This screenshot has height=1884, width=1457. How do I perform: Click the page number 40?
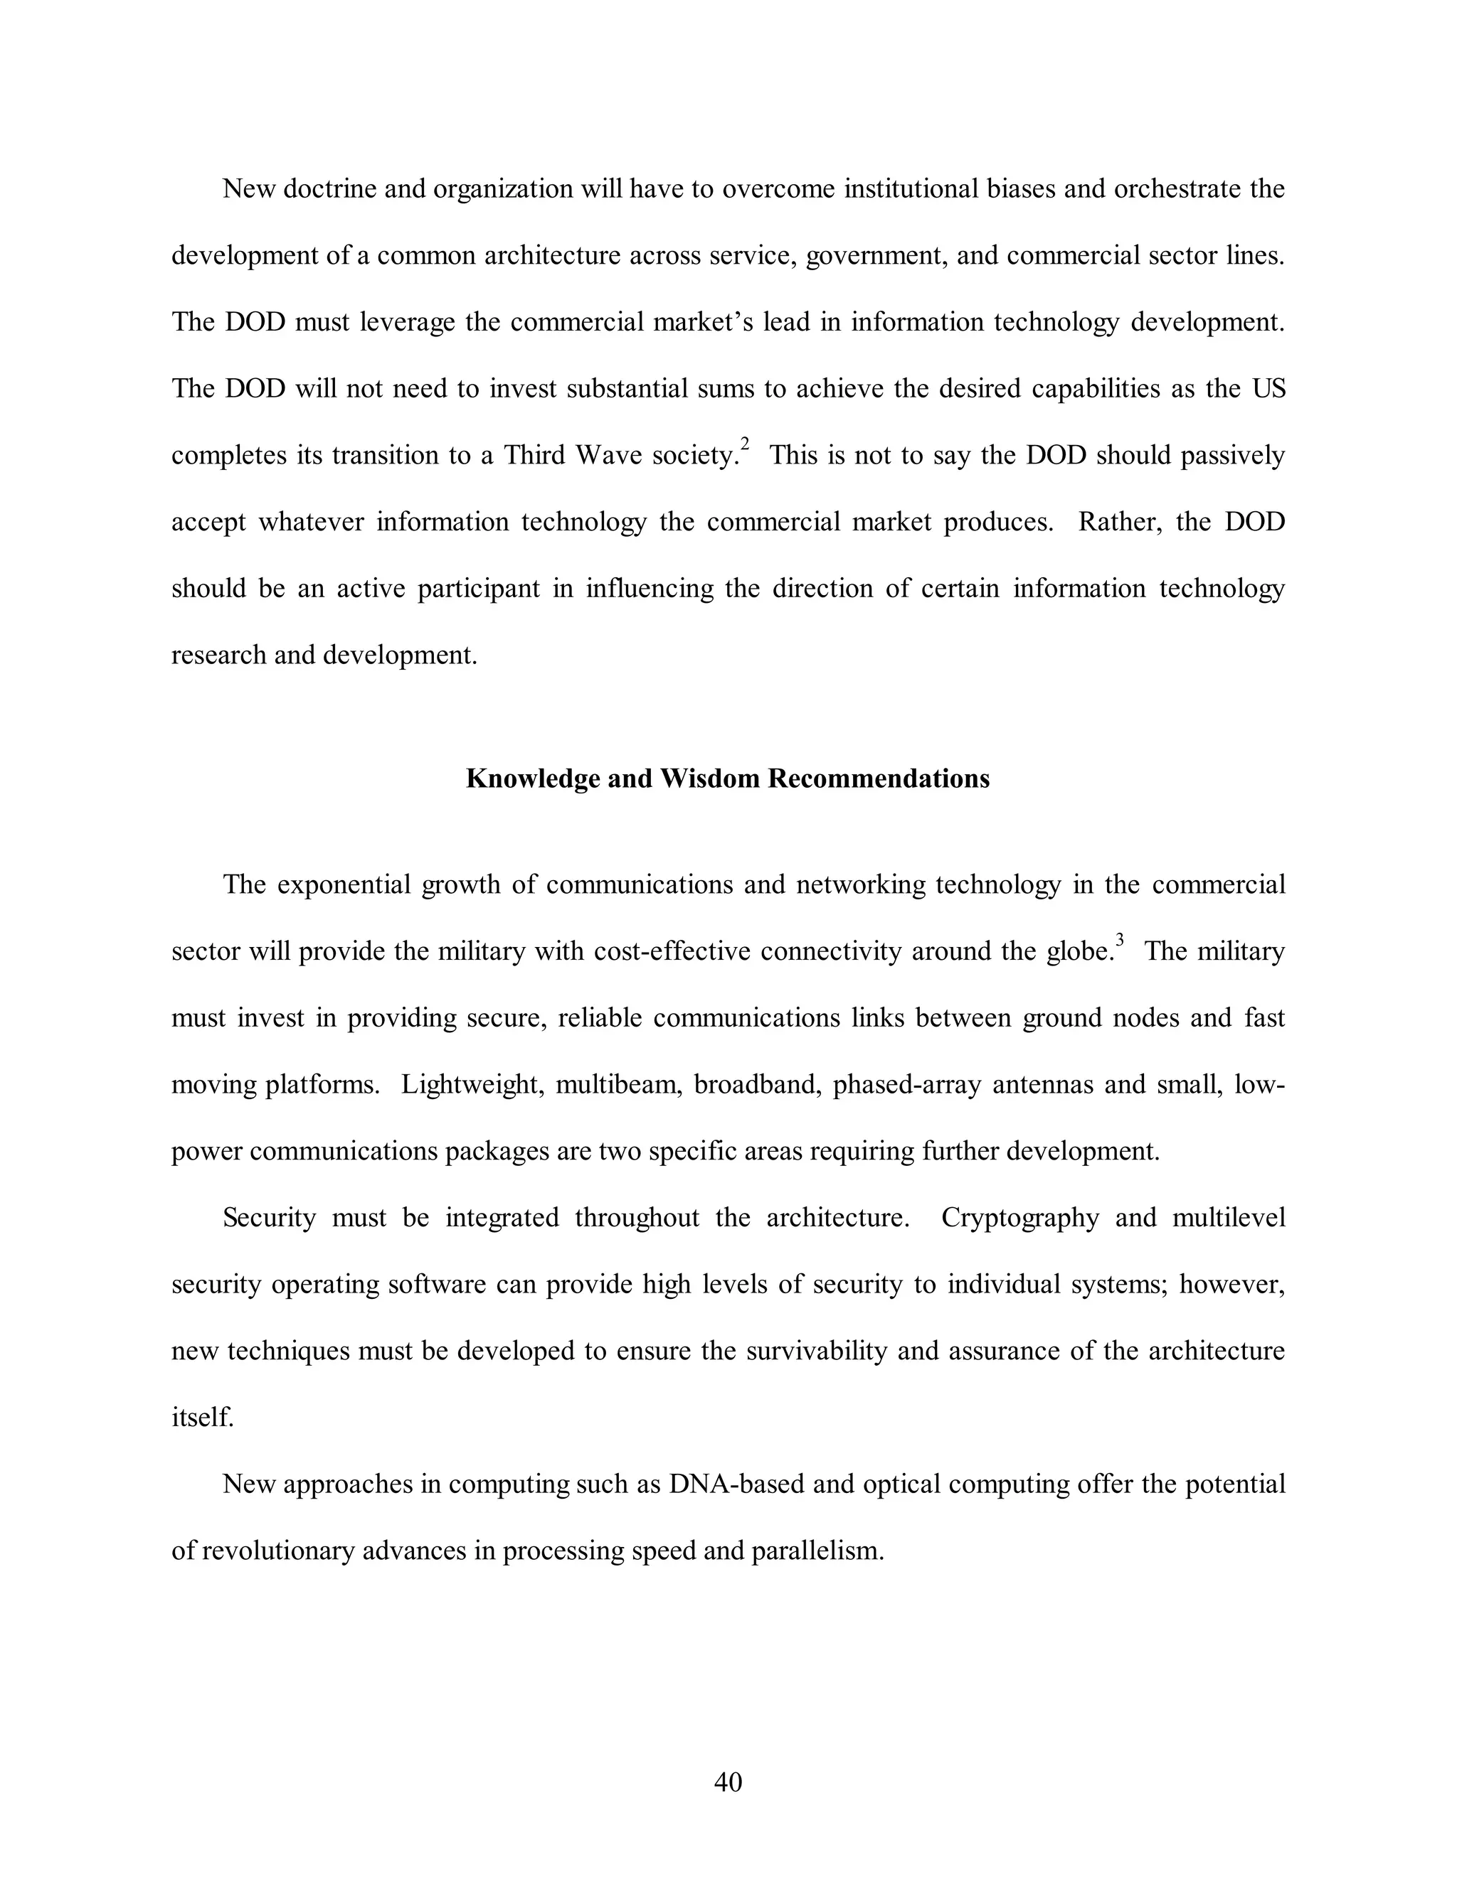tap(728, 1782)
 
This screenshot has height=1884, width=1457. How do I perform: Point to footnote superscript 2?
tap(745, 444)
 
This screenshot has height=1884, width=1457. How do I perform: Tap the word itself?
tap(202, 1418)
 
